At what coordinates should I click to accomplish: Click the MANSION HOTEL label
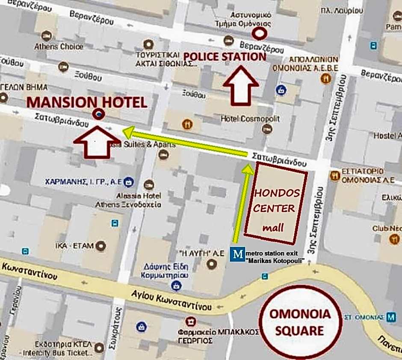click(x=87, y=102)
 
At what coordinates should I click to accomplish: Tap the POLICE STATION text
click(x=225, y=57)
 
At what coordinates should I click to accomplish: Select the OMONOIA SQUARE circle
click(x=300, y=322)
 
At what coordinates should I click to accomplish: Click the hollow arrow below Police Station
click(x=241, y=85)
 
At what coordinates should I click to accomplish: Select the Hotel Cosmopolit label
click(x=250, y=119)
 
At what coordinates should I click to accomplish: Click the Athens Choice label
click(x=59, y=46)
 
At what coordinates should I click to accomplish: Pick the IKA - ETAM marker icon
click(x=101, y=246)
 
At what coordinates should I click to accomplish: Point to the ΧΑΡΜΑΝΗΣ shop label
click(x=83, y=182)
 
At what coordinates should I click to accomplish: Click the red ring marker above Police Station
click(x=259, y=33)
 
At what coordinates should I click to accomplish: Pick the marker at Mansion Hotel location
click(x=99, y=114)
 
